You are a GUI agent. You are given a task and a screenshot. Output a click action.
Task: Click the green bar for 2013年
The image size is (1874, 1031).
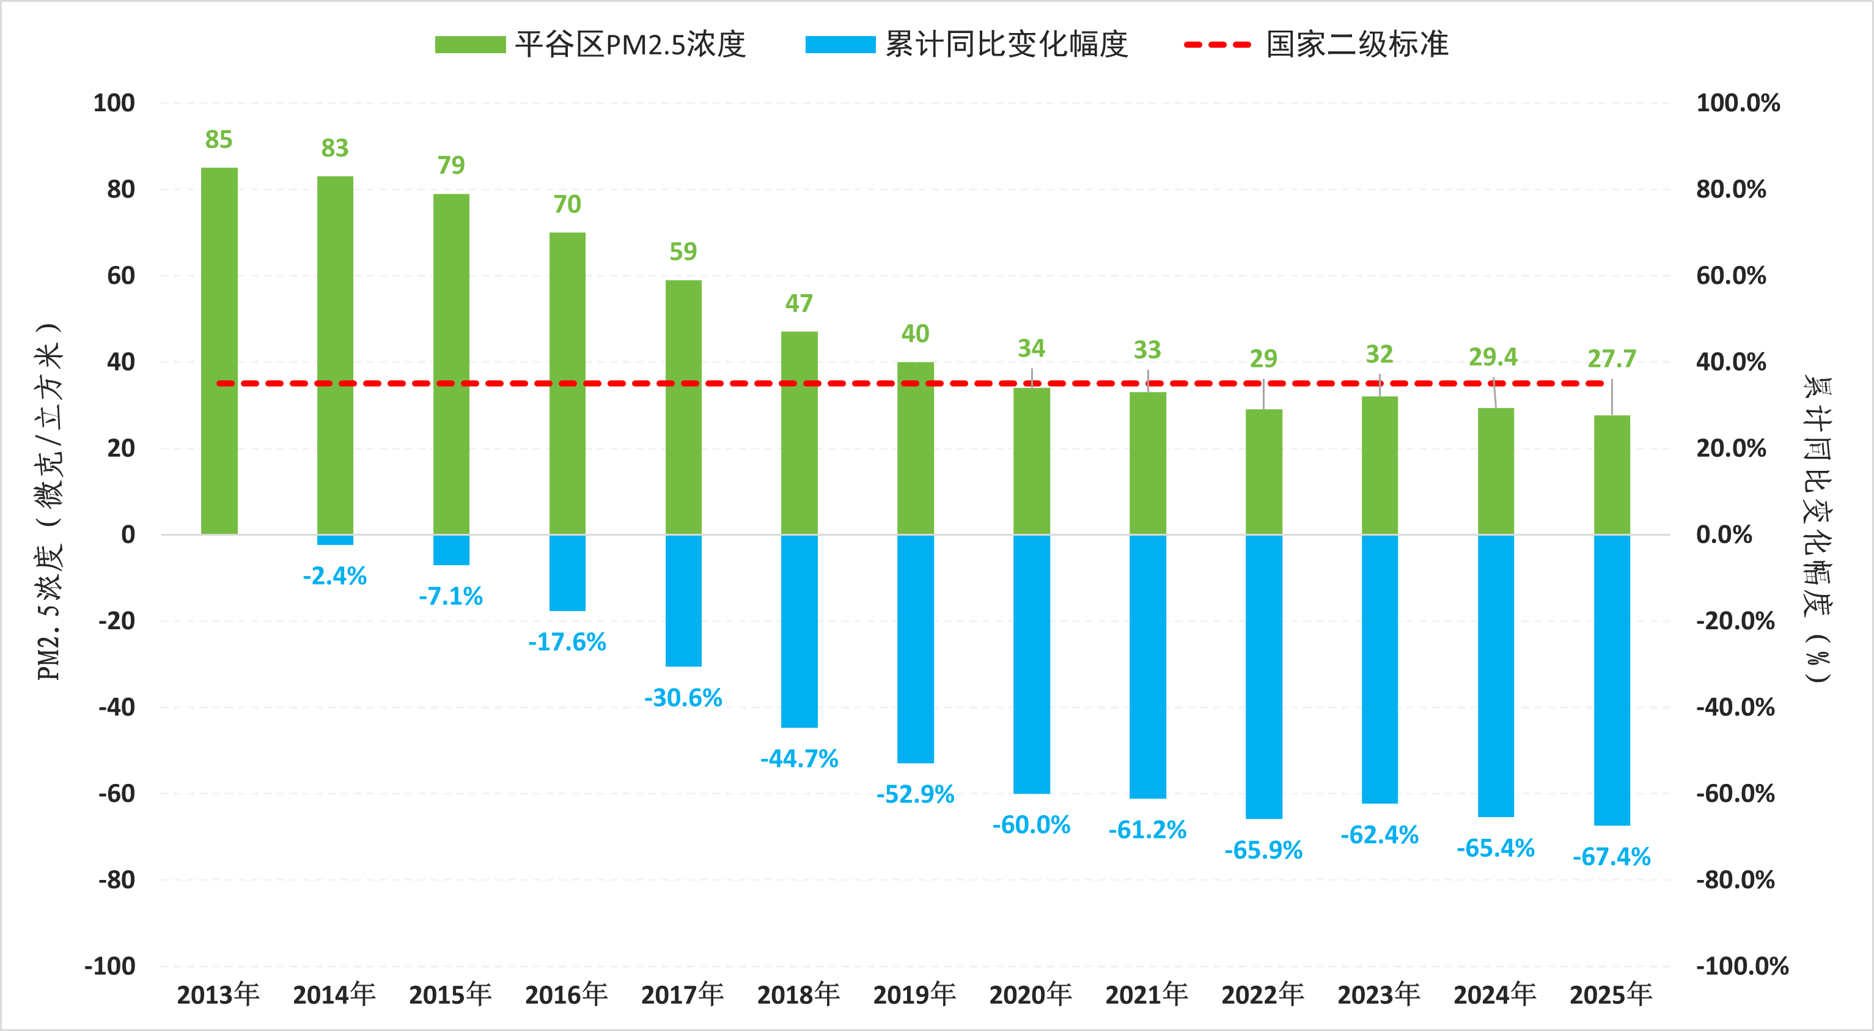click(x=219, y=351)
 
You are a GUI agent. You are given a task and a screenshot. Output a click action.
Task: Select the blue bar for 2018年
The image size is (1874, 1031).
click(x=799, y=631)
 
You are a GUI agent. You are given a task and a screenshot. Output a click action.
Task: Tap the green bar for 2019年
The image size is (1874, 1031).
click(x=915, y=448)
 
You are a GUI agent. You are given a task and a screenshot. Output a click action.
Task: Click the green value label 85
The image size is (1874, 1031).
click(x=219, y=139)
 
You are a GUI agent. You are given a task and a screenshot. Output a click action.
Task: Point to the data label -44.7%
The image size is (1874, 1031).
click(x=799, y=759)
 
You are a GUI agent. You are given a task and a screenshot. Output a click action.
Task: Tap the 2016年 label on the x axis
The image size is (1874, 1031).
click(x=566, y=994)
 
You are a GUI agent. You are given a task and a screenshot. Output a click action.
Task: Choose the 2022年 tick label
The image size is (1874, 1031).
click(x=1263, y=994)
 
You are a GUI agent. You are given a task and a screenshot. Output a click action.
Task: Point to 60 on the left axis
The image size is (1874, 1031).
click(x=121, y=276)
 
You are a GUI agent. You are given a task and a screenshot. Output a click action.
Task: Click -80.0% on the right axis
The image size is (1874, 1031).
click(x=1735, y=880)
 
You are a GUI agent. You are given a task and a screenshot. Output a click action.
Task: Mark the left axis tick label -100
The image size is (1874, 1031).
click(x=110, y=966)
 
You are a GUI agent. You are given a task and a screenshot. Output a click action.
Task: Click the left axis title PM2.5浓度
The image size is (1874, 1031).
click(x=50, y=502)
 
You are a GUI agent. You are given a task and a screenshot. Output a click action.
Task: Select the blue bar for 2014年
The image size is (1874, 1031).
click(x=335, y=540)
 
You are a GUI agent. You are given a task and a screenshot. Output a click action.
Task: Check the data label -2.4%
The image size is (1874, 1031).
click(x=335, y=576)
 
